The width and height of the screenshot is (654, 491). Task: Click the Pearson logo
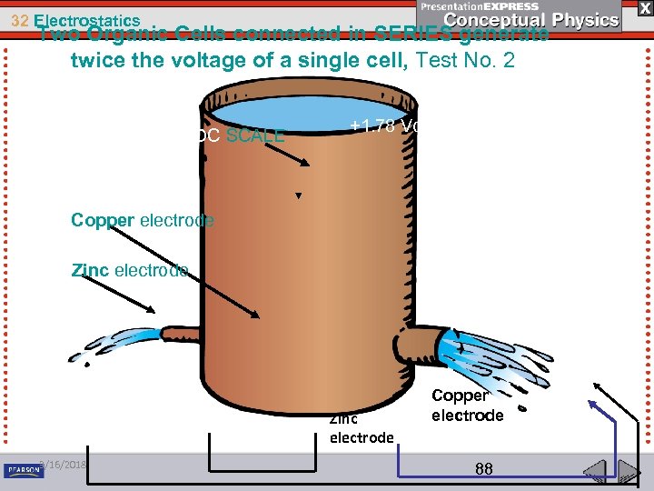point(24,470)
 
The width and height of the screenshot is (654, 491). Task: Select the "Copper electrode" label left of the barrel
point(142,220)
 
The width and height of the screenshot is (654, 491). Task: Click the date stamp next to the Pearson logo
point(64,464)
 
